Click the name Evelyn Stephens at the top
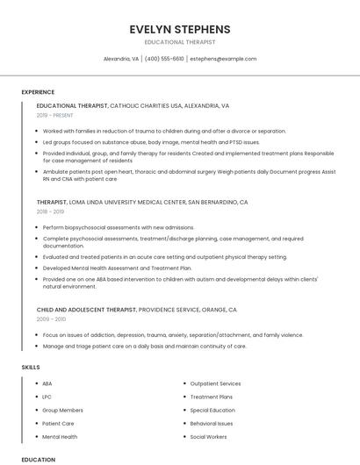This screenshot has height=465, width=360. pyautogui.click(x=179, y=29)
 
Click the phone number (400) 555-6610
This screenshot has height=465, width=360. pyautogui.click(x=164, y=59)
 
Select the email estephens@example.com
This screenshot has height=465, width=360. pyautogui.click(x=223, y=59)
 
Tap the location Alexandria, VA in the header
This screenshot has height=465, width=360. pyautogui.click(x=121, y=59)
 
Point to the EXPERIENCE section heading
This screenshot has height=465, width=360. pyautogui.click(x=38, y=92)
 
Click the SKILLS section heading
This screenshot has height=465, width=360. pyautogui.click(x=31, y=367)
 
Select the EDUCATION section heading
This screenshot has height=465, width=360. pyautogui.click(x=38, y=459)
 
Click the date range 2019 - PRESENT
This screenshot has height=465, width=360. pyautogui.click(x=56, y=115)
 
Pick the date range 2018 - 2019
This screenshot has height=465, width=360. pyautogui.click(x=50, y=211)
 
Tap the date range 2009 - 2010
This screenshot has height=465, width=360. pyautogui.click(x=50, y=319)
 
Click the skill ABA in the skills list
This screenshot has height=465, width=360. pyautogui.click(x=47, y=383)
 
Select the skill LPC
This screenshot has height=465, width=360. pyautogui.click(x=47, y=397)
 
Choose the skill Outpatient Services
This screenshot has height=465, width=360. pyautogui.click(x=215, y=383)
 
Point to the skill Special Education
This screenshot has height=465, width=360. pyautogui.click(x=212, y=410)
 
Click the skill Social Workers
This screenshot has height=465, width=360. pyautogui.click(x=208, y=436)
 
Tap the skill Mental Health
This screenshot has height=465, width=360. pyautogui.click(x=60, y=436)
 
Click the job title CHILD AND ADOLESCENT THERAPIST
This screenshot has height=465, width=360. pyautogui.click(x=86, y=310)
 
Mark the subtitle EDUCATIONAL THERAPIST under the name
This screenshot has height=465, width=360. pyautogui.click(x=179, y=41)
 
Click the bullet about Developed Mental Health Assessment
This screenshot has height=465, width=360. pyautogui.click(x=117, y=268)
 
